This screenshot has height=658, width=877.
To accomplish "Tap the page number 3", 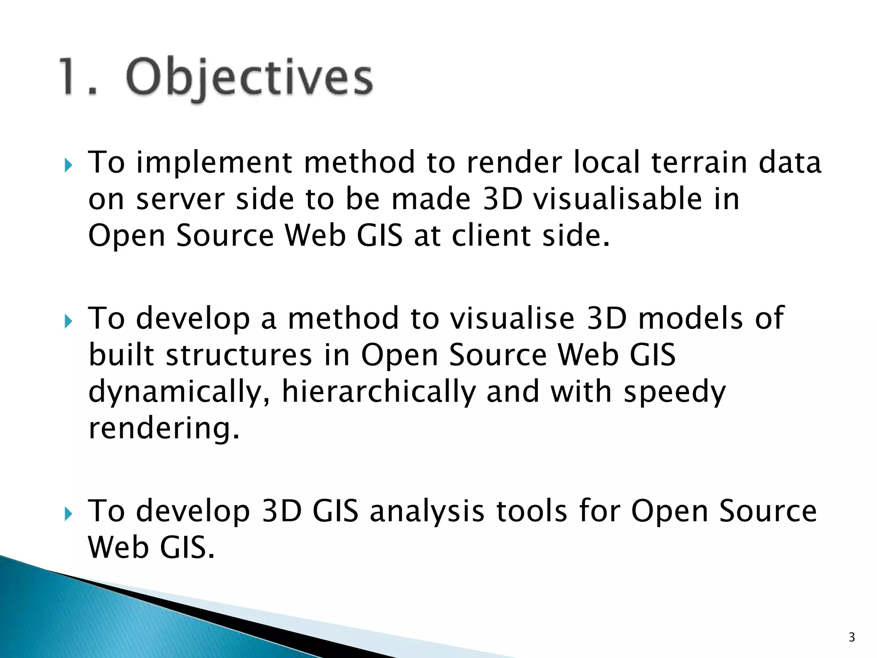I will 852,637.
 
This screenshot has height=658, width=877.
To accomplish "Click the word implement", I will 214,163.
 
